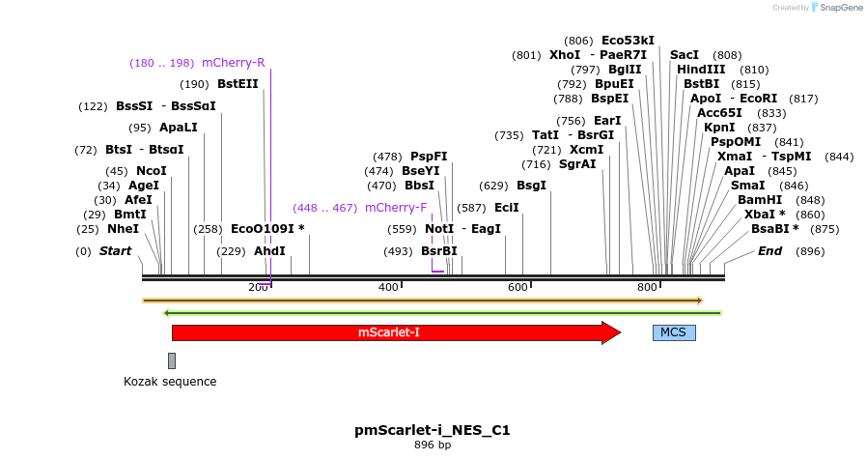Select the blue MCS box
click(x=673, y=332)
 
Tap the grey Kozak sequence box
click(x=172, y=360)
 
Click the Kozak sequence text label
click(x=170, y=382)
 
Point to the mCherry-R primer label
click(x=233, y=63)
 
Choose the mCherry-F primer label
click(x=395, y=208)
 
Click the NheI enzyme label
click(x=123, y=229)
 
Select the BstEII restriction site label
click(x=238, y=84)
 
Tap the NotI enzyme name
click(x=439, y=229)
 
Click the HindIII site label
click(x=701, y=70)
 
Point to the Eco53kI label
click(x=628, y=41)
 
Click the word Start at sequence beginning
click(x=115, y=251)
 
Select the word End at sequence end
click(x=769, y=251)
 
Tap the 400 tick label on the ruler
click(x=388, y=287)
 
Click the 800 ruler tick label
click(x=646, y=287)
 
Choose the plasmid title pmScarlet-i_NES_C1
click(x=432, y=429)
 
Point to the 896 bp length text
click(x=432, y=446)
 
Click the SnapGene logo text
click(x=838, y=8)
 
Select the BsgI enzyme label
click(x=531, y=186)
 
